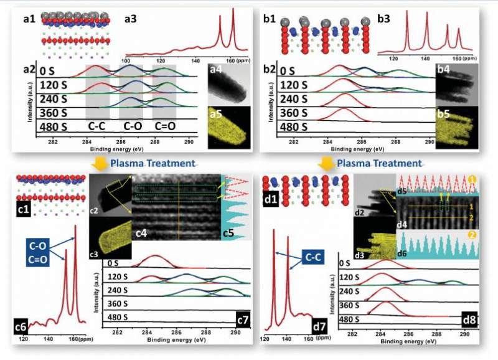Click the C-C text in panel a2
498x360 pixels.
pos(97,128)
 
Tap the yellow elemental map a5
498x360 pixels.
pos(223,128)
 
